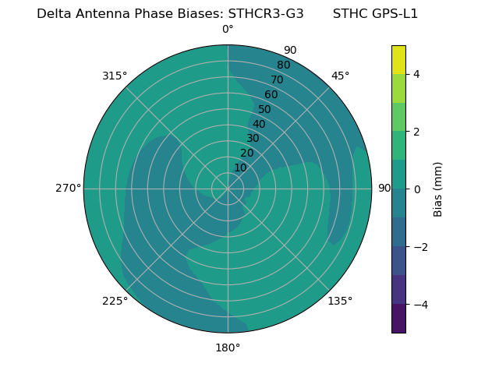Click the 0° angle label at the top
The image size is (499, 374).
228,30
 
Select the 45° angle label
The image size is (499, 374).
340,76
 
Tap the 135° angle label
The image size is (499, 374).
340,301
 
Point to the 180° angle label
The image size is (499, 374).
228,348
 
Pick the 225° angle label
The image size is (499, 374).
115,301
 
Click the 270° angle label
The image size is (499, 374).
68,189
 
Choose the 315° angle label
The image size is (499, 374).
115,76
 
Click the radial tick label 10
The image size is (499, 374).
240,168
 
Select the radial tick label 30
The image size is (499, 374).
253,139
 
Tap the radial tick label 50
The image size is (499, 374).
265,109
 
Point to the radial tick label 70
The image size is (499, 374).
277,79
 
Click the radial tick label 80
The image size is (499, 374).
283,65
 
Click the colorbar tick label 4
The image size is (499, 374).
416,74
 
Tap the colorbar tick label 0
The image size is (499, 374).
416,189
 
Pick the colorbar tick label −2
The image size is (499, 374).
419,247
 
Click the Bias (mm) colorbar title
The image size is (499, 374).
438,189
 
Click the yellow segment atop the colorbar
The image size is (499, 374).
398,59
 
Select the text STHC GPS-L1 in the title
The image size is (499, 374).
375,14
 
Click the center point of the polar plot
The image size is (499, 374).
228,189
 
